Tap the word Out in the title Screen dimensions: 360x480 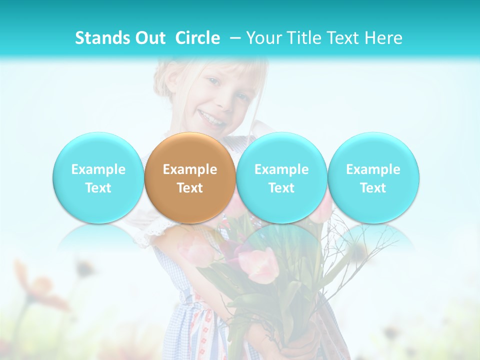[150, 38]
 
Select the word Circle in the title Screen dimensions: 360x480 [197, 38]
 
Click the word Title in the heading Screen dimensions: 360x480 [304, 38]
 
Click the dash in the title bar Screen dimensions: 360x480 [232, 38]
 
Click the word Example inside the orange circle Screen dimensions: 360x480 [190, 169]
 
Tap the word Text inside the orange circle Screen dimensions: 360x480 [190, 188]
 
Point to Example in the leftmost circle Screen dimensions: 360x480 [98, 169]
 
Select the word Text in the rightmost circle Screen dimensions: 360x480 [373, 188]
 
